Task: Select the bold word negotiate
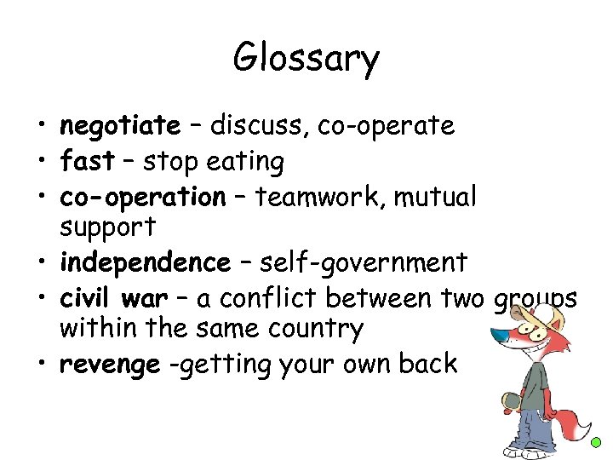coord(119,126)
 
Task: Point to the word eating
coord(246,161)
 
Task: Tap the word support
coord(108,228)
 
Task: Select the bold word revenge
coord(109,365)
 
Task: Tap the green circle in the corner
coord(597,443)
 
